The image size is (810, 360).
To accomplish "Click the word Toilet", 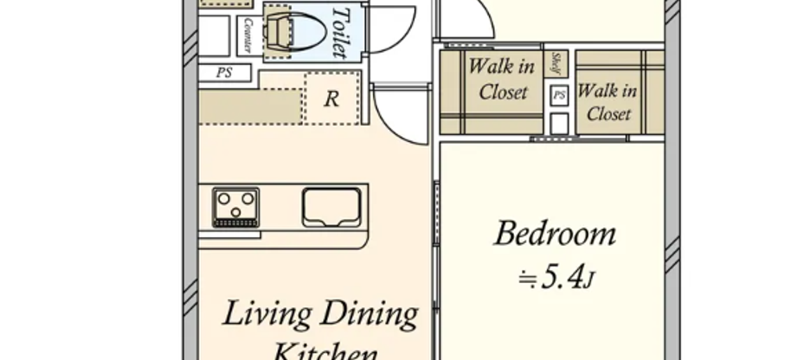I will [x=341, y=32].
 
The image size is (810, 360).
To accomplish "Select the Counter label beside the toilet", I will [x=248, y=35].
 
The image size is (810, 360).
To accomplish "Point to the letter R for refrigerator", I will [x=331, y=100].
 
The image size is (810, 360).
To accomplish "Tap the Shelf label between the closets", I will [x=557, y=64].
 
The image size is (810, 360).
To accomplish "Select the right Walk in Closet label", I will [x=607, y=101].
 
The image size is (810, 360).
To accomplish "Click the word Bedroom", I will [x=555, y=234].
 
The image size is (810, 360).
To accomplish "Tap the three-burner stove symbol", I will [x=235, y=207].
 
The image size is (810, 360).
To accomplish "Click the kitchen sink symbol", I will [x=331, y=207].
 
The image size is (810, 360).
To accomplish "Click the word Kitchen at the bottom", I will [x=325, y=352].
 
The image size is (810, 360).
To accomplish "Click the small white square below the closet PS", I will [x=559, y=123].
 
